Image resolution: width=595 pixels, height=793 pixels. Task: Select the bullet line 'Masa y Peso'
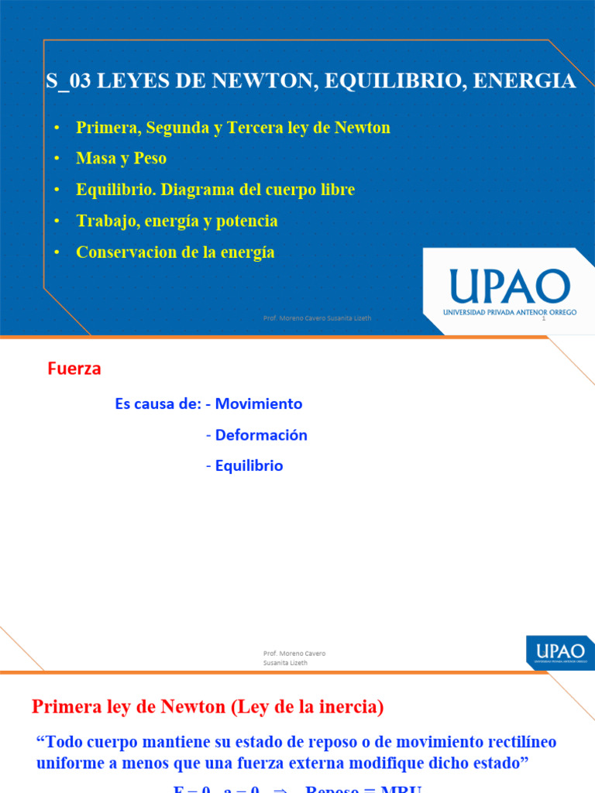(x=122, y=159)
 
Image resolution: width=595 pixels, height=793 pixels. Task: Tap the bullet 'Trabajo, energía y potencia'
(x=177, y=221)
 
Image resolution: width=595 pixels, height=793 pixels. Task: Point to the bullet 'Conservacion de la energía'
(x=175, y=252)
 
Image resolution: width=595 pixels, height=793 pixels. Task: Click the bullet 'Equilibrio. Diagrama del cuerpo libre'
(x=215, y=190)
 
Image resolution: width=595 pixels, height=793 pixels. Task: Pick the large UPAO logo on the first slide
(x=509, y=286)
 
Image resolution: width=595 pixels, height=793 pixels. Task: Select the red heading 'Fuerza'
(x=74, y=369)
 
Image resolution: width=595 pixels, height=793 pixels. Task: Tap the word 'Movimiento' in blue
(x=259, y=403)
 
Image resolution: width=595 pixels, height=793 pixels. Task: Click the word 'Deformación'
(x=261, y=435)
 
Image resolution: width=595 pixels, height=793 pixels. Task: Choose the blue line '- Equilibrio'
(x=245, y=466)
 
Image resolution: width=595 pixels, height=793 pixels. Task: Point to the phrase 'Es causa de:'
(x=157, y=404)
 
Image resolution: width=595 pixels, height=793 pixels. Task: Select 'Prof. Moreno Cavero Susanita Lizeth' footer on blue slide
(x=317, y=318)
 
